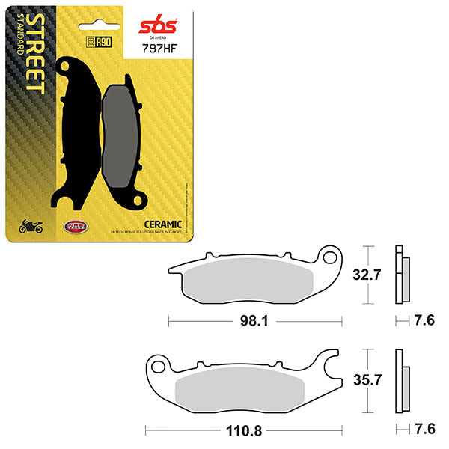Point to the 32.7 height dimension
367,275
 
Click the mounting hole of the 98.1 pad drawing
327,258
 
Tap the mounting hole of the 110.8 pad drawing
158,367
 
